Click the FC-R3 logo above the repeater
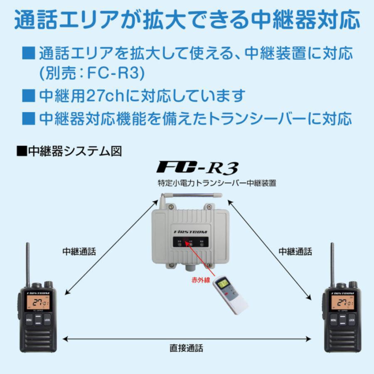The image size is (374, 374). click(197, 167)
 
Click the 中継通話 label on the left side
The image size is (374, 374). click(79, 251)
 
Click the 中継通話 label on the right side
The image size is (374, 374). click(295, 251)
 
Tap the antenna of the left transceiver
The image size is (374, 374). click(27, 262)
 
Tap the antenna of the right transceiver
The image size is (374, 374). click(332, 262)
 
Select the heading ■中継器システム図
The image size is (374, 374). click(69, 150)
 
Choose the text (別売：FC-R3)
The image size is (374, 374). click(92, 74)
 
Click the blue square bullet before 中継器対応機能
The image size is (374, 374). click(29, 118)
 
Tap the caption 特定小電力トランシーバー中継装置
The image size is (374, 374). click(217, 182)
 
